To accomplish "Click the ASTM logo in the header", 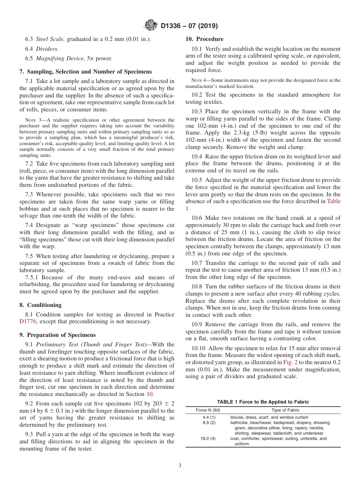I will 150,26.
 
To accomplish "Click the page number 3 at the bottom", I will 180,465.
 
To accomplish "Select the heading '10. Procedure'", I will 204,39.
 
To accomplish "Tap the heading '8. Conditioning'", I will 40,305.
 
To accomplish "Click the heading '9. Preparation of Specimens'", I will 57,335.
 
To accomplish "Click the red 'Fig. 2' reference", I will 290,362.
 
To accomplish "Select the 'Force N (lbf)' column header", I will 208,410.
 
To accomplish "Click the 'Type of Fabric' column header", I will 285,410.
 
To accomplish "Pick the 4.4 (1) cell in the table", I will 209,417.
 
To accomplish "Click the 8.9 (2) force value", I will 209,423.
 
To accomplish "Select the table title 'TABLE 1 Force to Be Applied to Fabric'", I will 263,402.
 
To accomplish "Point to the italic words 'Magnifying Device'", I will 59,58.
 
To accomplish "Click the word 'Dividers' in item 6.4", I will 47,49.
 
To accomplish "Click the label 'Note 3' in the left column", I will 33,120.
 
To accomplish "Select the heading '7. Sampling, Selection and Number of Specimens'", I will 85,72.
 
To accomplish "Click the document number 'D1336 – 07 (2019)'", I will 189,26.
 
